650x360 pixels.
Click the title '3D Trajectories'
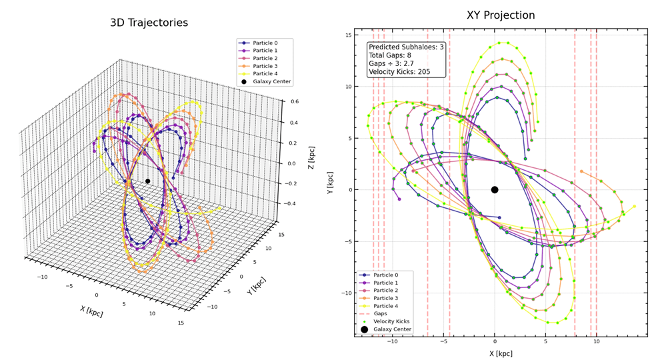point(149,23)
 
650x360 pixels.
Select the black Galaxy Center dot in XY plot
point(495,189)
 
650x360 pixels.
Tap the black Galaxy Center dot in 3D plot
point(148,181)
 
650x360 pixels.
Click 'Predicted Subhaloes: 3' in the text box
point(406,47)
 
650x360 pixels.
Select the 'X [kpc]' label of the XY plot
point(500,354)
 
